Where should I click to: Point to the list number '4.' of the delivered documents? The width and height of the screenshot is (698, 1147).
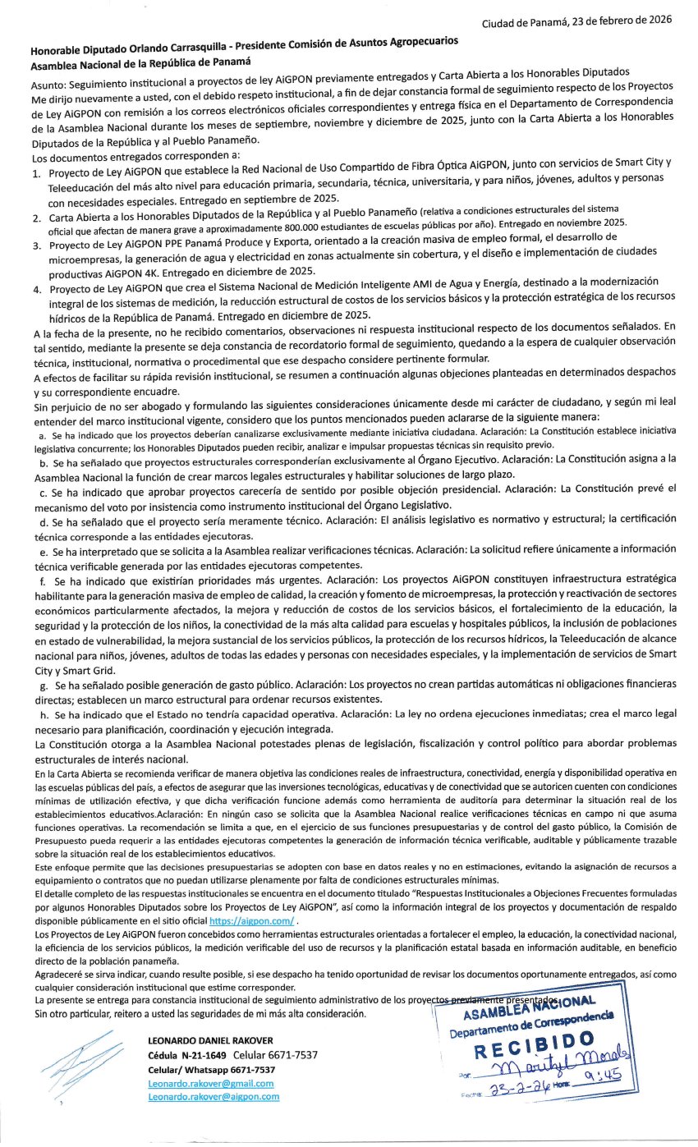pos(37,290)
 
